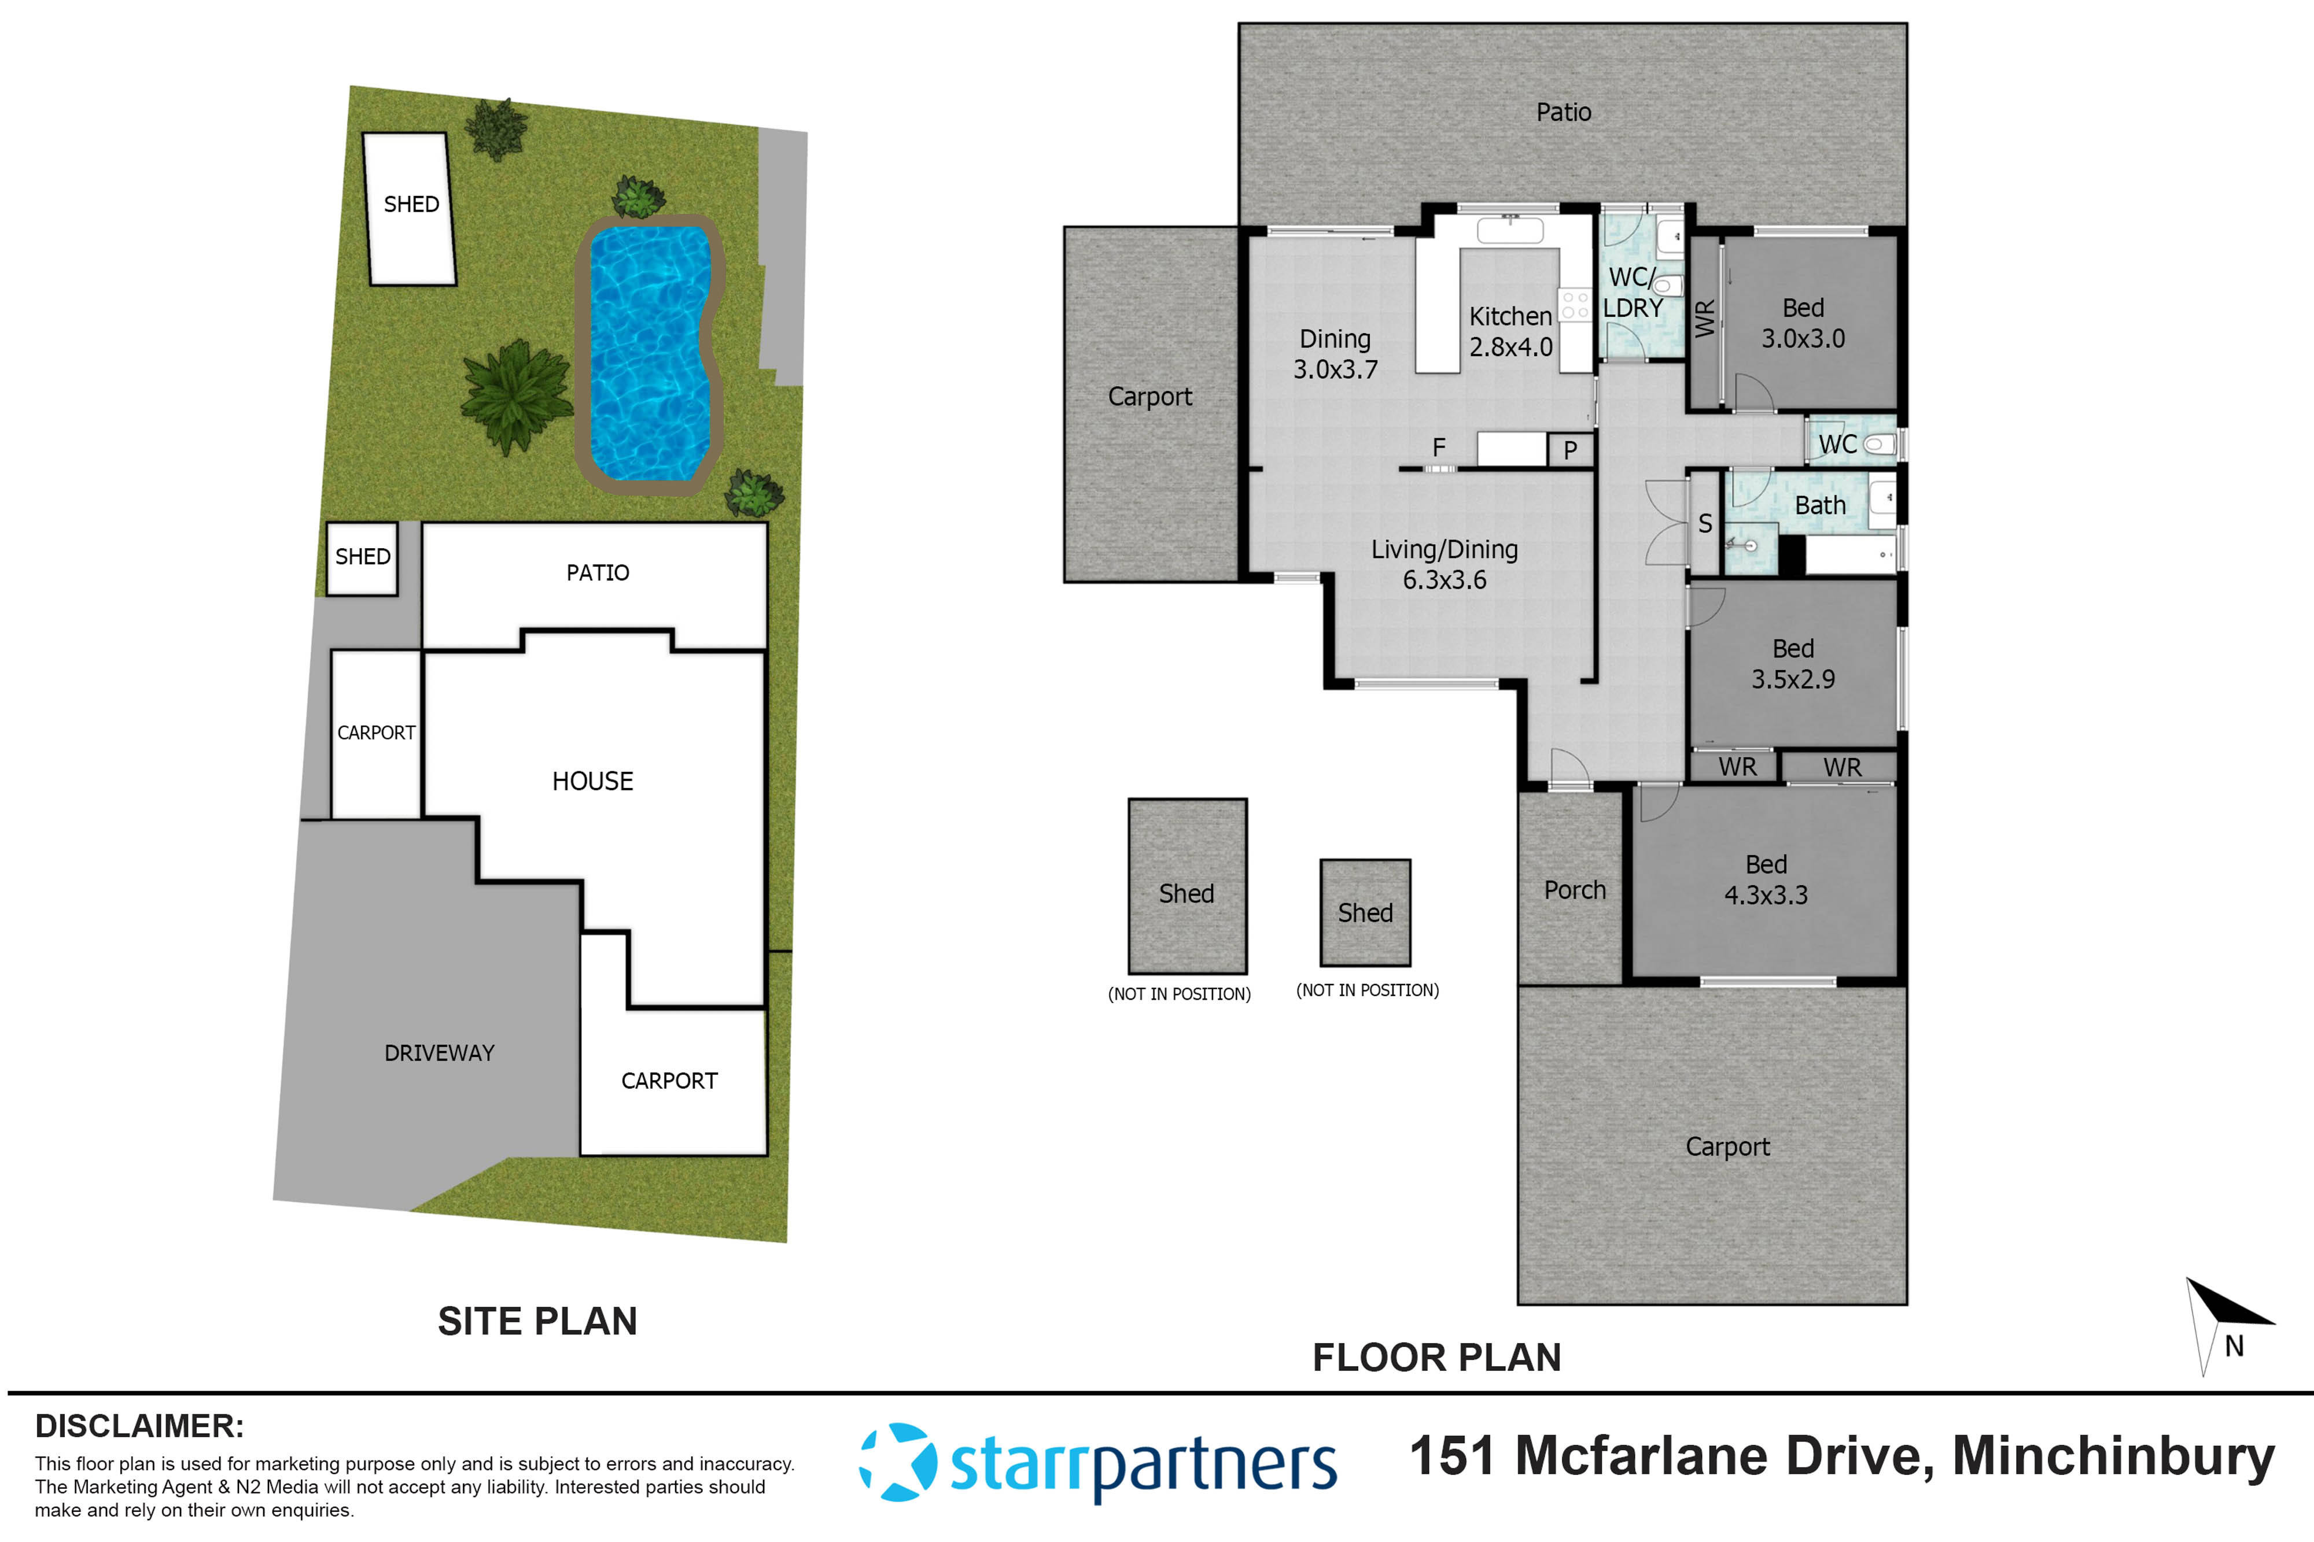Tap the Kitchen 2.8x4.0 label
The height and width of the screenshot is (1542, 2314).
[x=1510, y=331]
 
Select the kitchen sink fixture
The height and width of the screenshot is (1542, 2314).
[x=1510, y=231]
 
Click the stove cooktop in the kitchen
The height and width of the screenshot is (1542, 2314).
[x=1574, y=304]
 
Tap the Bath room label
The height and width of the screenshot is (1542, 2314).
[x=1820, y=505]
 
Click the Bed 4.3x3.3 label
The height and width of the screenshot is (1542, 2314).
[x=1766, y=879]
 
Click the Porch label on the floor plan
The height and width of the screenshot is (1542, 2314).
[x=1574, y=890]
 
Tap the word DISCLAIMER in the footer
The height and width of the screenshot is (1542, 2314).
[x=139, y=1426]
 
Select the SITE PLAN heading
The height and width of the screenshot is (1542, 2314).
[x=537, y=1321]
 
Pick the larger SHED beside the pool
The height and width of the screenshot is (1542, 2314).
[x=410, y=209]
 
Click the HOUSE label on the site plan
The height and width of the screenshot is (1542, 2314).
[x=592, y=781]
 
